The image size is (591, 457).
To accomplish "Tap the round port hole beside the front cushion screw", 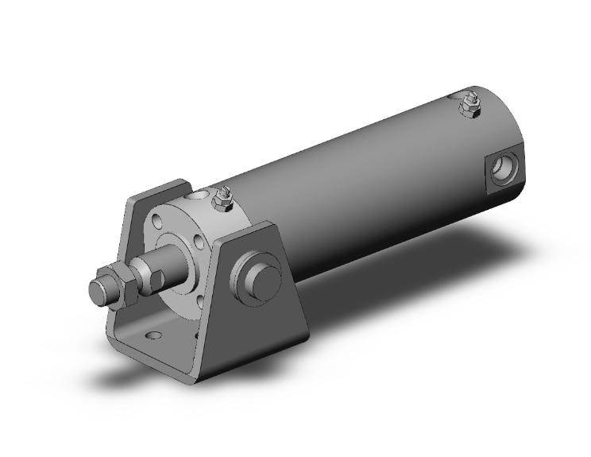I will tap(198, 192).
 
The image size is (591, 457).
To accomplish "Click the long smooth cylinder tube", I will tap(357, 183).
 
